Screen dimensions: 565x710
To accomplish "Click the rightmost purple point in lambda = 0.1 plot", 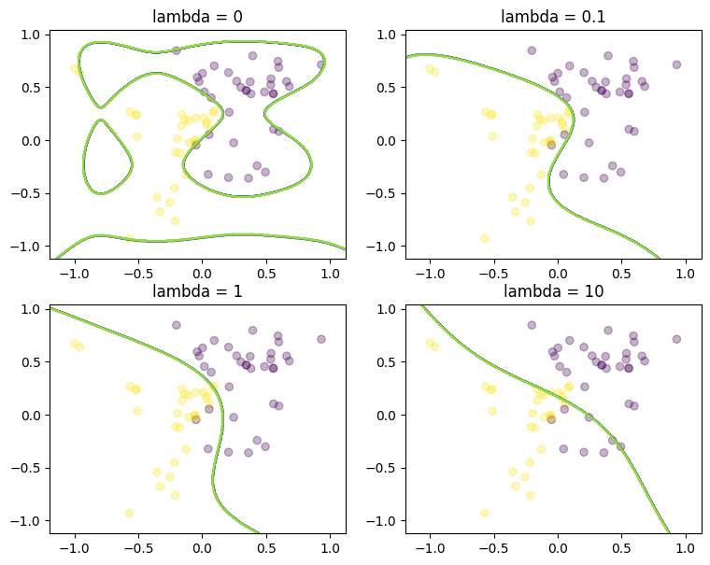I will click(676, 64).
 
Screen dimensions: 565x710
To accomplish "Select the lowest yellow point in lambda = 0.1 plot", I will click(485, 238).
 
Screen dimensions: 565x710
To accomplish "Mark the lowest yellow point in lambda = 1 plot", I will click(129, 513).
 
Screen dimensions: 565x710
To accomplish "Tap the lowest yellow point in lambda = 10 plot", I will click(485, 513).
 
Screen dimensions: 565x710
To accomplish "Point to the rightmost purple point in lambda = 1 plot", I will click(320, 339).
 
